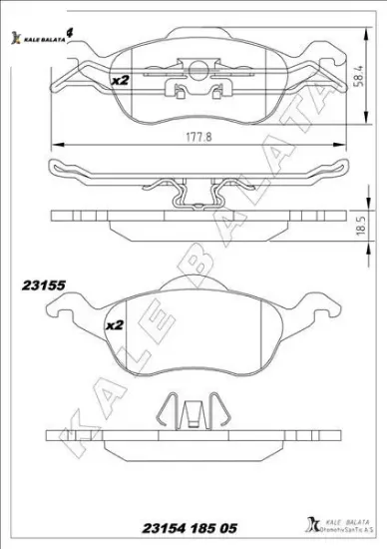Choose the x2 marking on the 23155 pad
tap(114, 325)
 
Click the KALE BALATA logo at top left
tap(40, 38)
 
